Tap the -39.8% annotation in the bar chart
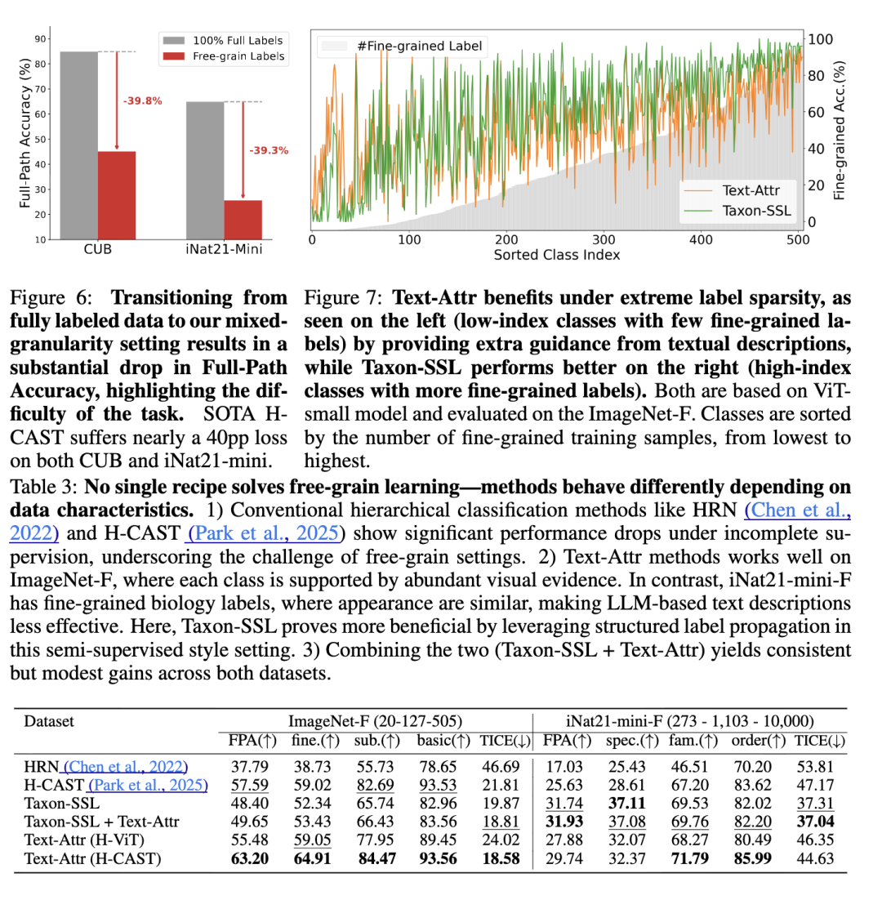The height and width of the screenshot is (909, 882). click(142, 101)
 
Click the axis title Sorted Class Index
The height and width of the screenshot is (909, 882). click(556, 255)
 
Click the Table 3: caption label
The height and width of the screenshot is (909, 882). click(42, 488)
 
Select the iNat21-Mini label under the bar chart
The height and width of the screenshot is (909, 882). click(223, 248)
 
